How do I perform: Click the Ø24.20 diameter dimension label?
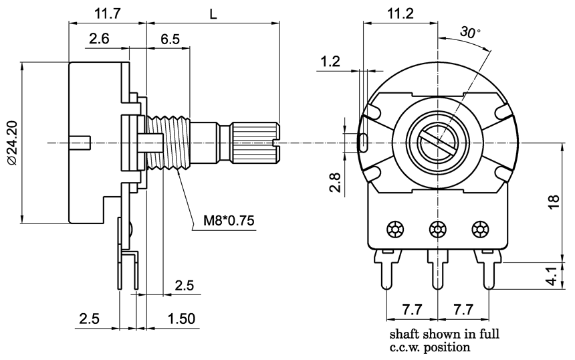pyautogui.click(x=12, y=144)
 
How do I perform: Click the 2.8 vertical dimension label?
pyautogui.click(x=337, y=182)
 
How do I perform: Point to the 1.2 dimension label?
pyautogui.click(x=331, y=62)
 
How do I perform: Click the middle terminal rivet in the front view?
pyautogui.click(x=438, y=230)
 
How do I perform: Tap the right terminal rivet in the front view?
pyautogui.click(x=479, y=230)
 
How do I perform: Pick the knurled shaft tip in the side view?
pyautogui.click(x=254, y=142)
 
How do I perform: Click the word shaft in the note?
pyautogui.click(x=402, y=333)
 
